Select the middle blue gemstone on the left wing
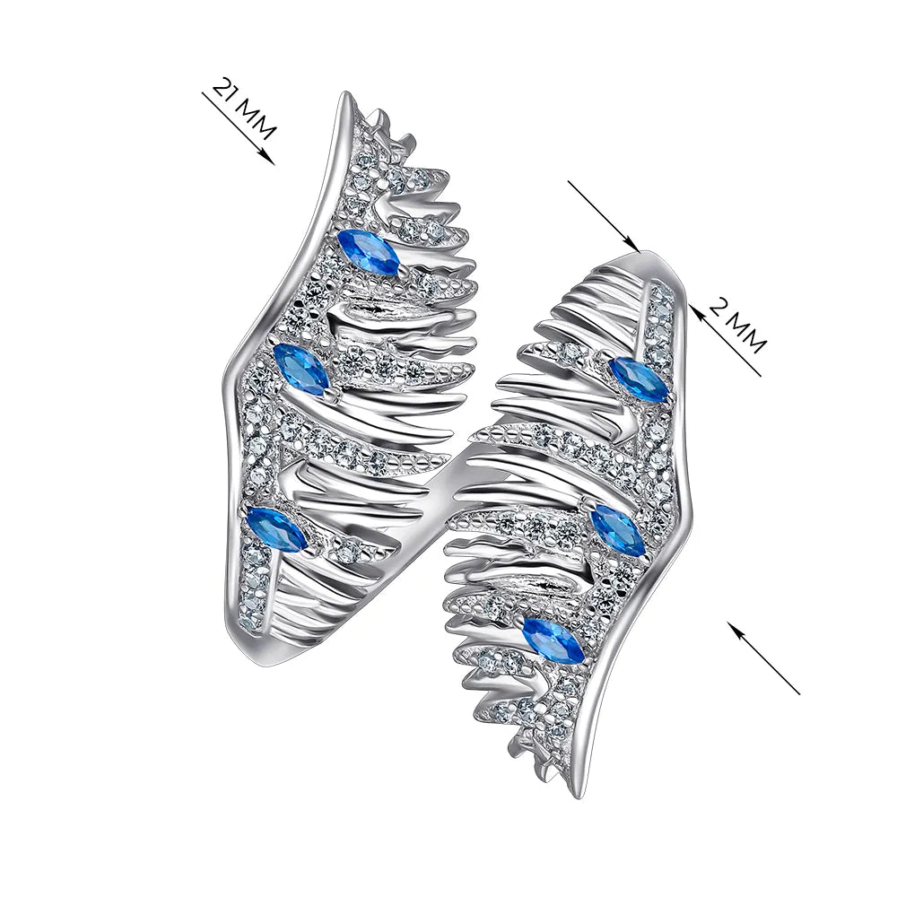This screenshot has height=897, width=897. [301, 369]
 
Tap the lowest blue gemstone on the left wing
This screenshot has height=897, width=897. [276, 528]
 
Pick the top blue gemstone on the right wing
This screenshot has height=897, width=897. [638, 379]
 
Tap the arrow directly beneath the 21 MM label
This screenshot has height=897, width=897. [238, 126]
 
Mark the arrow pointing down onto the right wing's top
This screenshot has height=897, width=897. [603, 215]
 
